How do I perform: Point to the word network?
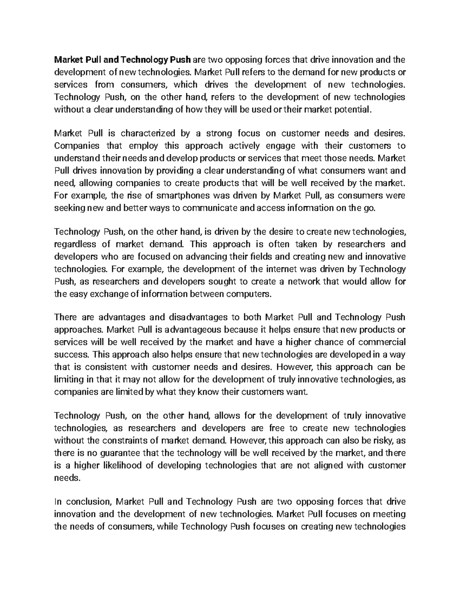tap(304, 282)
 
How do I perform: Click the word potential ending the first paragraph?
tap(355, 110)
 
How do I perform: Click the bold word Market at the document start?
tap(67, 60)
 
